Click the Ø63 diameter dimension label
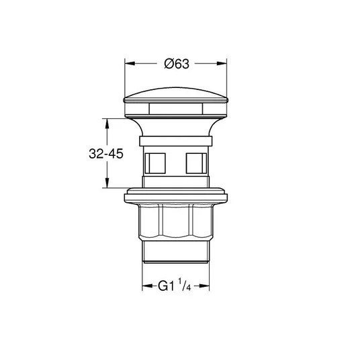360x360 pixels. click(x=177, y=64)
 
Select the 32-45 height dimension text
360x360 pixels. click(x=106, y=154)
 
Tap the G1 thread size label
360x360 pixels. click(x=166, y=286)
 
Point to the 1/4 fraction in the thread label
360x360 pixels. click(x=184, y=285)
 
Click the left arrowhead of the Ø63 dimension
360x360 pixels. click(x=130, y=63)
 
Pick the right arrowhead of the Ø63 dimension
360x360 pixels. click(x=222, y=63)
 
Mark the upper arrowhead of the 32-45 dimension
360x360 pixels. click(x=107, y=124)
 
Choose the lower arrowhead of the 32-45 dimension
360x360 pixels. click(x=107, y=183)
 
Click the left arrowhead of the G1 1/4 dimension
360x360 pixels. click(x=147, y=286)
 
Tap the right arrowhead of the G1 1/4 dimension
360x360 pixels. click(x=204, y=286)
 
